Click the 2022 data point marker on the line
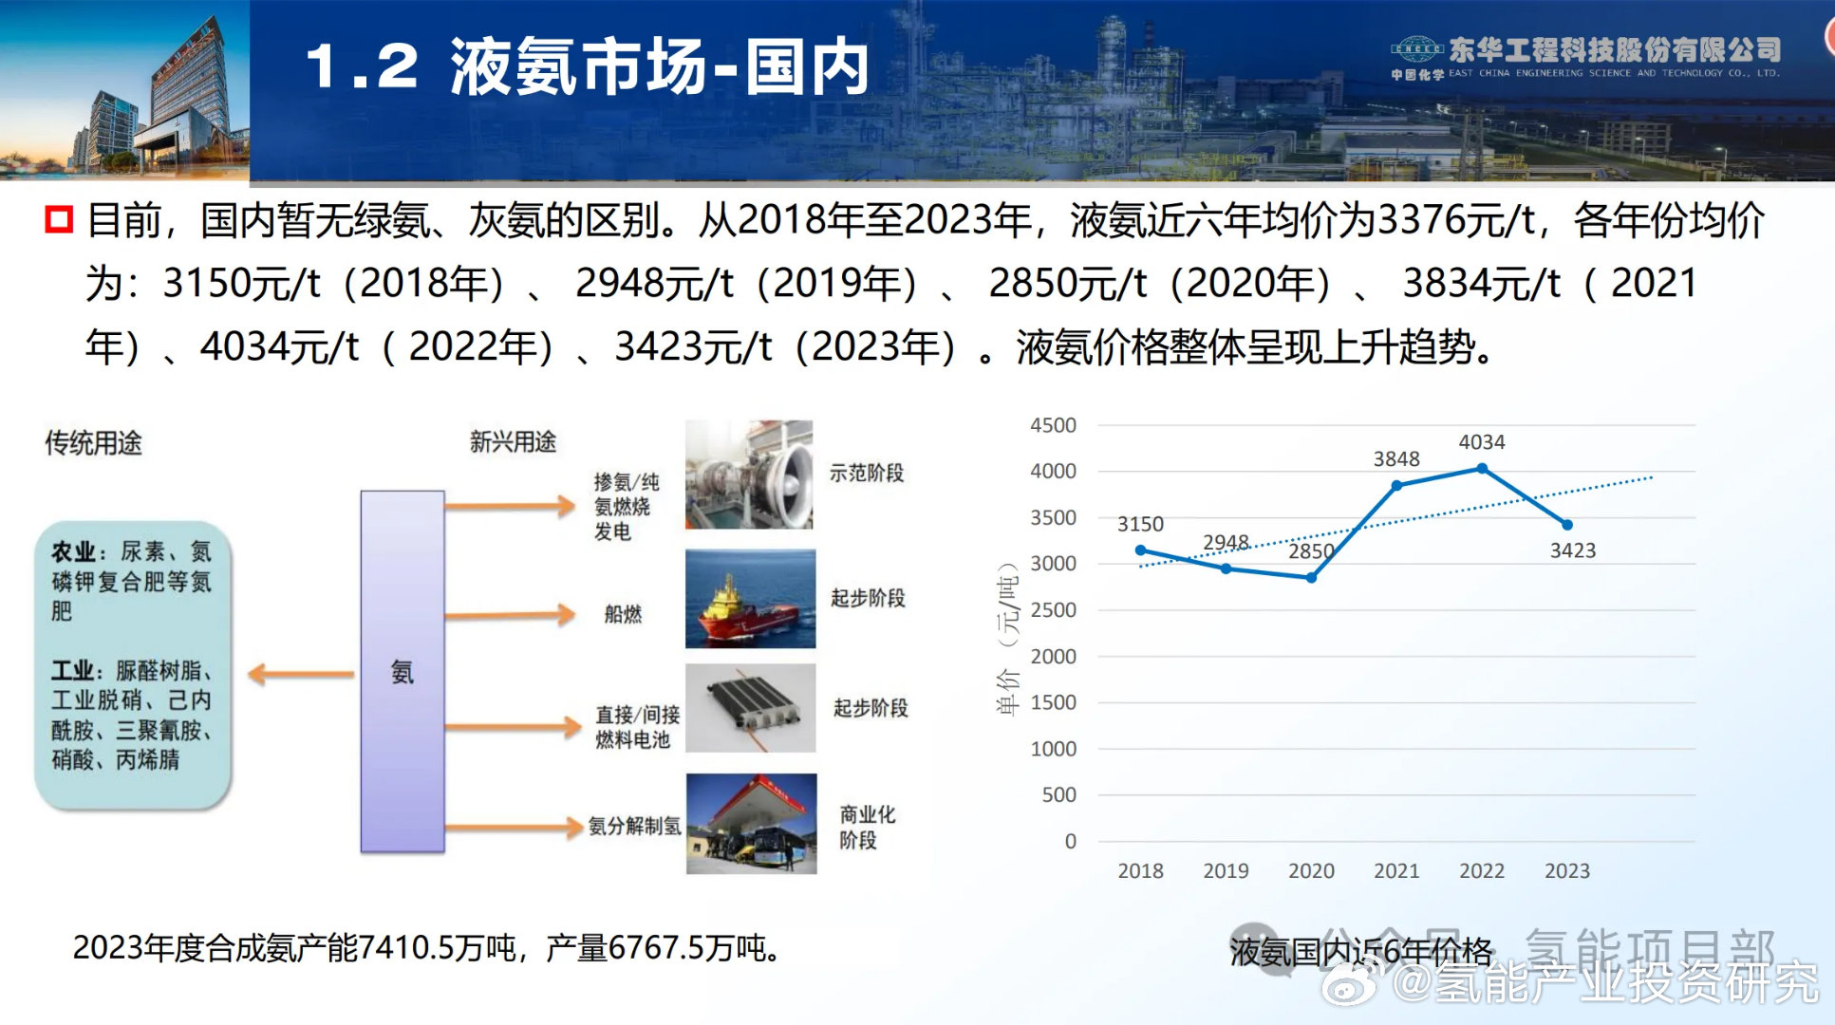point(1482,469)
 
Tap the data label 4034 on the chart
point(1482,442)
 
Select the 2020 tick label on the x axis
point(1311,870)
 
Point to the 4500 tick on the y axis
point(1054,425)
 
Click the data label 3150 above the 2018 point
point(1140,524)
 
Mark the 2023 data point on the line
point(1567,525)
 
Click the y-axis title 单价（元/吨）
point(1008,638)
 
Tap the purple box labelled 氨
point(403,671)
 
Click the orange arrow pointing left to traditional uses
point(300,675)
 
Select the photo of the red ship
point(750,599)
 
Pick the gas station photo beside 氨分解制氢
point(751,823)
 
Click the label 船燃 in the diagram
point(623,614)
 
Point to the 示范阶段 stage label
point(867,473)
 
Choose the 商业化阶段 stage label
point(867,827)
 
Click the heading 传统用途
point(93,442)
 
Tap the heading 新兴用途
point(513,441)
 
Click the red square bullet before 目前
point(59,220)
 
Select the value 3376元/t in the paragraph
point(1456,220)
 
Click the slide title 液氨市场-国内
point(660,67)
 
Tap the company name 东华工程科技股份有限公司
point(1614,49)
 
